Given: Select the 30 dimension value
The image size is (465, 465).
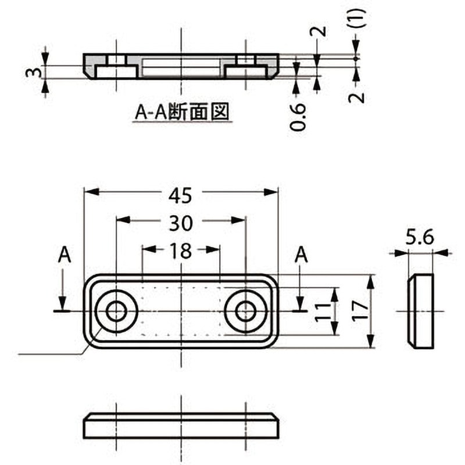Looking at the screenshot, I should pyautogui.click(x=180, y=222).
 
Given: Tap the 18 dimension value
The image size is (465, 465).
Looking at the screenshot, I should pyautogui.click(x=181, y=251).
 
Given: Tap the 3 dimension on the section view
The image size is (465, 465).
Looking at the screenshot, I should pyautogui.click(x=35, y=72).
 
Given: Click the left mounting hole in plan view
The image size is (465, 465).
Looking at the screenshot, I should pyautogui.click(x=116, y=312).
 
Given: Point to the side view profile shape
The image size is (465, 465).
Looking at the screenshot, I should pyautogui.click(x=421, y=311).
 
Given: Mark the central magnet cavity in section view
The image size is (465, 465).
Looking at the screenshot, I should pyautogui.click(x=181, y=66).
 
